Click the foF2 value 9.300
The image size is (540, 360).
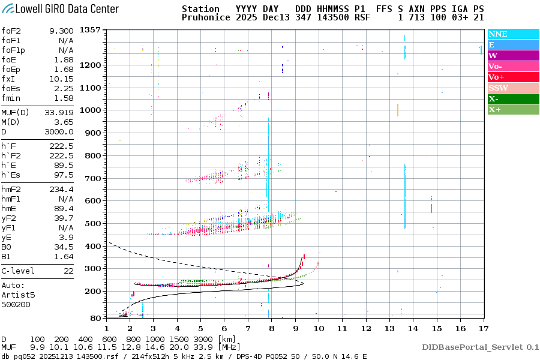click(x=61, y=31)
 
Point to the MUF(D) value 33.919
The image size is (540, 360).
click(x=59, y=112)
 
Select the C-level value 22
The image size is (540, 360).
click(x=68, y=271)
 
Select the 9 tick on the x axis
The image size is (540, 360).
click(x=295, y=328)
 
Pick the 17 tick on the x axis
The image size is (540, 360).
click(x=483, y=328)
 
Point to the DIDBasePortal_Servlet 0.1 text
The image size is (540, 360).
click(x=480, y=347)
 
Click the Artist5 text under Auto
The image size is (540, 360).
click(x=18, y=295)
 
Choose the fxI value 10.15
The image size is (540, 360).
click(x=61, y=79)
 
